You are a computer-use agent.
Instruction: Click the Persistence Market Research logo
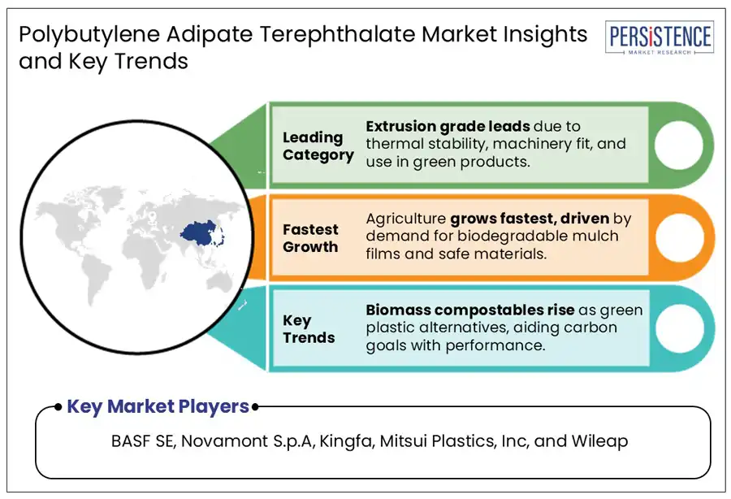point(660,37)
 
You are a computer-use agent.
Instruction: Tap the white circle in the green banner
point(679,145)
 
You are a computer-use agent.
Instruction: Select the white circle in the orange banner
point(680,237)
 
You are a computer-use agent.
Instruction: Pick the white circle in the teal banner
point(680,328)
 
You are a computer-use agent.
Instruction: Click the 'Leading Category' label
point(318,146)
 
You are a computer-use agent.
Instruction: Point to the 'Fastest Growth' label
point(310,238)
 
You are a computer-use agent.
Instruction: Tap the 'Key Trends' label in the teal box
point(309,329)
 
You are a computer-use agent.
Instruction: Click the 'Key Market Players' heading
point(158,406)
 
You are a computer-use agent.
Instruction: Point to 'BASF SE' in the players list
point(142,441)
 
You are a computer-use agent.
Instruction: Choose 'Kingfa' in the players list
point(346,441)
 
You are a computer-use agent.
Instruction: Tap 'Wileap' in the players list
point(599,441)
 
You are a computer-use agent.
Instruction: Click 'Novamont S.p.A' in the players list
point(248,441)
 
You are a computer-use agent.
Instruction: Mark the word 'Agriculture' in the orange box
point(405,219)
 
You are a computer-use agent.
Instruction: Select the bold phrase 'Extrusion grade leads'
point(448,127)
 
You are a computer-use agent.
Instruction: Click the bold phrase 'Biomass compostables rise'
point(470,310)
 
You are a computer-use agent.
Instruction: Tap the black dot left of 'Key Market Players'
point(58,407)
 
